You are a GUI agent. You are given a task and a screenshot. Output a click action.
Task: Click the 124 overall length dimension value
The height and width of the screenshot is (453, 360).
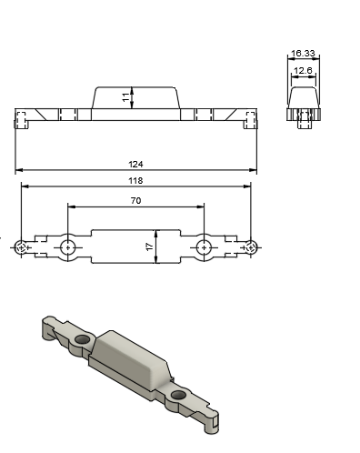click(135, 165)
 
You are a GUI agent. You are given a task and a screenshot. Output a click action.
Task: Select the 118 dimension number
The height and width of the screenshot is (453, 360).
click(135, 180)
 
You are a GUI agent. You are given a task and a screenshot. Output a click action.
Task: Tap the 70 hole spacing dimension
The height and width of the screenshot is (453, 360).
click(135, 200)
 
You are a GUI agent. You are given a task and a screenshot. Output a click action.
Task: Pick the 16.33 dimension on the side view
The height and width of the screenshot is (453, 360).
click(303, 55)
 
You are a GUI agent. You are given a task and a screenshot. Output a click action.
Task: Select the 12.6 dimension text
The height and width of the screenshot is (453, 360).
click(303, 70)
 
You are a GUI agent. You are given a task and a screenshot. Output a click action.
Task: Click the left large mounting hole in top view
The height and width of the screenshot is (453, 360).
click(67, 247)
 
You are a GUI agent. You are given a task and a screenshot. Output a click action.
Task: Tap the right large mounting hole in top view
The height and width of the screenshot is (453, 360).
click(204, 247)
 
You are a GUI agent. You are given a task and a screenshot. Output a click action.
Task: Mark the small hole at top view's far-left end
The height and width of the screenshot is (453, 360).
click(21, 247)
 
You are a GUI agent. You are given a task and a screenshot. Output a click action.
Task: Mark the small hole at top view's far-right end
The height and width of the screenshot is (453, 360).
click(250, 247)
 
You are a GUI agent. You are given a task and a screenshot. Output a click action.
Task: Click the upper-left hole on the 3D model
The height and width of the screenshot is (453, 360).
click(84, 339)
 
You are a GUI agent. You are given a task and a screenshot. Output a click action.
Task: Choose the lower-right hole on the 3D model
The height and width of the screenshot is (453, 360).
click(178, 395)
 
